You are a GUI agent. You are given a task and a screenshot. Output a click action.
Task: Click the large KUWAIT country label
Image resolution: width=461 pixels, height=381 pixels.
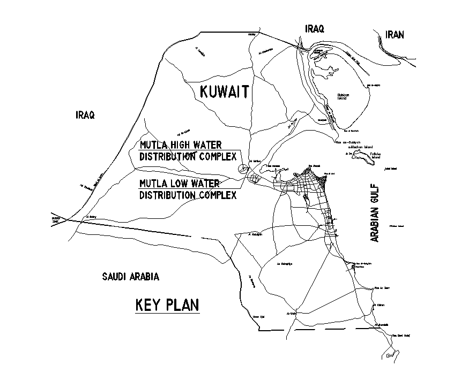[224, 92]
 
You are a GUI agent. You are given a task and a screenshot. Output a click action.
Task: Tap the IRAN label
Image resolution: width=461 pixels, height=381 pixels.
[395, 35]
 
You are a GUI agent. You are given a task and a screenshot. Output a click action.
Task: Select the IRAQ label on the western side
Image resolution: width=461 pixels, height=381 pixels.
[85, 115]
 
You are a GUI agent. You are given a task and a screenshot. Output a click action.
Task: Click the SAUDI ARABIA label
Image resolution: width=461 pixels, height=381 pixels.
[131, 277]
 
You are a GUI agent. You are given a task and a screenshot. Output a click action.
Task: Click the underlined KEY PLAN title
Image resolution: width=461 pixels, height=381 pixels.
[167, 305]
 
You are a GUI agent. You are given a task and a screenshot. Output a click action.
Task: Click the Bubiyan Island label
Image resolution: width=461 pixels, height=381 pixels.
[342, 96]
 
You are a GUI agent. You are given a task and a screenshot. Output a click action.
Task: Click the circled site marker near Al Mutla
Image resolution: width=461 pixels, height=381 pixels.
[243, 168]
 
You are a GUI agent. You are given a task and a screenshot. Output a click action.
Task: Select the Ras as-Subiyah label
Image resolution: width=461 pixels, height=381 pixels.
[347, 142]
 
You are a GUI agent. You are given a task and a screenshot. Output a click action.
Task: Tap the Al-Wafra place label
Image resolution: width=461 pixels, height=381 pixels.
[291, 314]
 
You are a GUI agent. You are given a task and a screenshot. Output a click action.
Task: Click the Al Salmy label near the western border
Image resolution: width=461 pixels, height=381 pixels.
[91, 217]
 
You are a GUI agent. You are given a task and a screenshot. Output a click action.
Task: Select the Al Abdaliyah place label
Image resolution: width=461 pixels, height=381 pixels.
[257, 234]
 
